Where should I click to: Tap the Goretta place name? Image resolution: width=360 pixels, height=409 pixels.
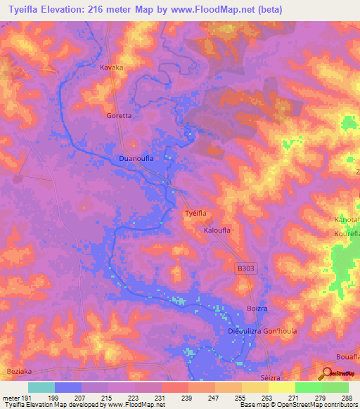click(x=118, y=115)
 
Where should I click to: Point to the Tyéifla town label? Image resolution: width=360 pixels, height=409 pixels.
click(x=195, y=213)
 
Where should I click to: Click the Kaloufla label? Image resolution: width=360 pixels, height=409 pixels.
click(x=217, y=230)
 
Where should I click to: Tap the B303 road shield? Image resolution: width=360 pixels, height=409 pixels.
click(x=245, y=268)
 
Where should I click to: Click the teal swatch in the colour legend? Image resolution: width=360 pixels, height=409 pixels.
click(x=41, y=387)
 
